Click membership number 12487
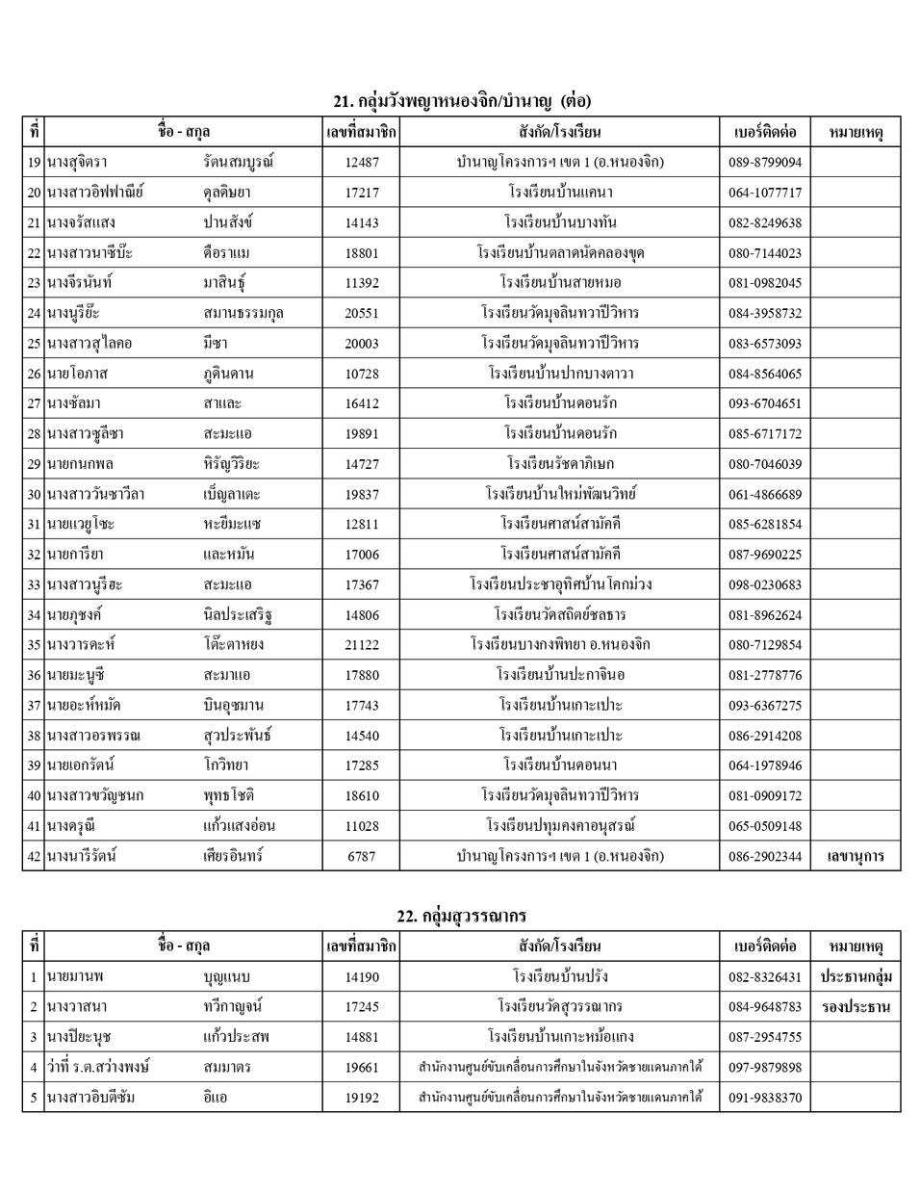coord(361,162)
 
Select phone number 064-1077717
coord(764,193)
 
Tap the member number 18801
coord(361,253)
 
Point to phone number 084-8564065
coord(764,374)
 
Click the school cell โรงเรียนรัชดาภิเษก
coord(559,464)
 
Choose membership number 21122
coord(361,645)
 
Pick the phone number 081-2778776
coord(764,675)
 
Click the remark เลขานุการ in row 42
coord(855,856)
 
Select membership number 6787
coord(361,856)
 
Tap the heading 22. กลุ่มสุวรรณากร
coord(462,916)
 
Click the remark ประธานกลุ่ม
coord(855,976)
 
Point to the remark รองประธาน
coord(855,1007)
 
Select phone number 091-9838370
coord(764,1098)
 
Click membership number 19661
coord(361,1067)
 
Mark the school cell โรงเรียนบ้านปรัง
coord(559,976)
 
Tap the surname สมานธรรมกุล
coord(243,313)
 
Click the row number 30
coord(34,494)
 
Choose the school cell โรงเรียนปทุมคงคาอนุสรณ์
coord(559,826)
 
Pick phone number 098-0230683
coord(764,584)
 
